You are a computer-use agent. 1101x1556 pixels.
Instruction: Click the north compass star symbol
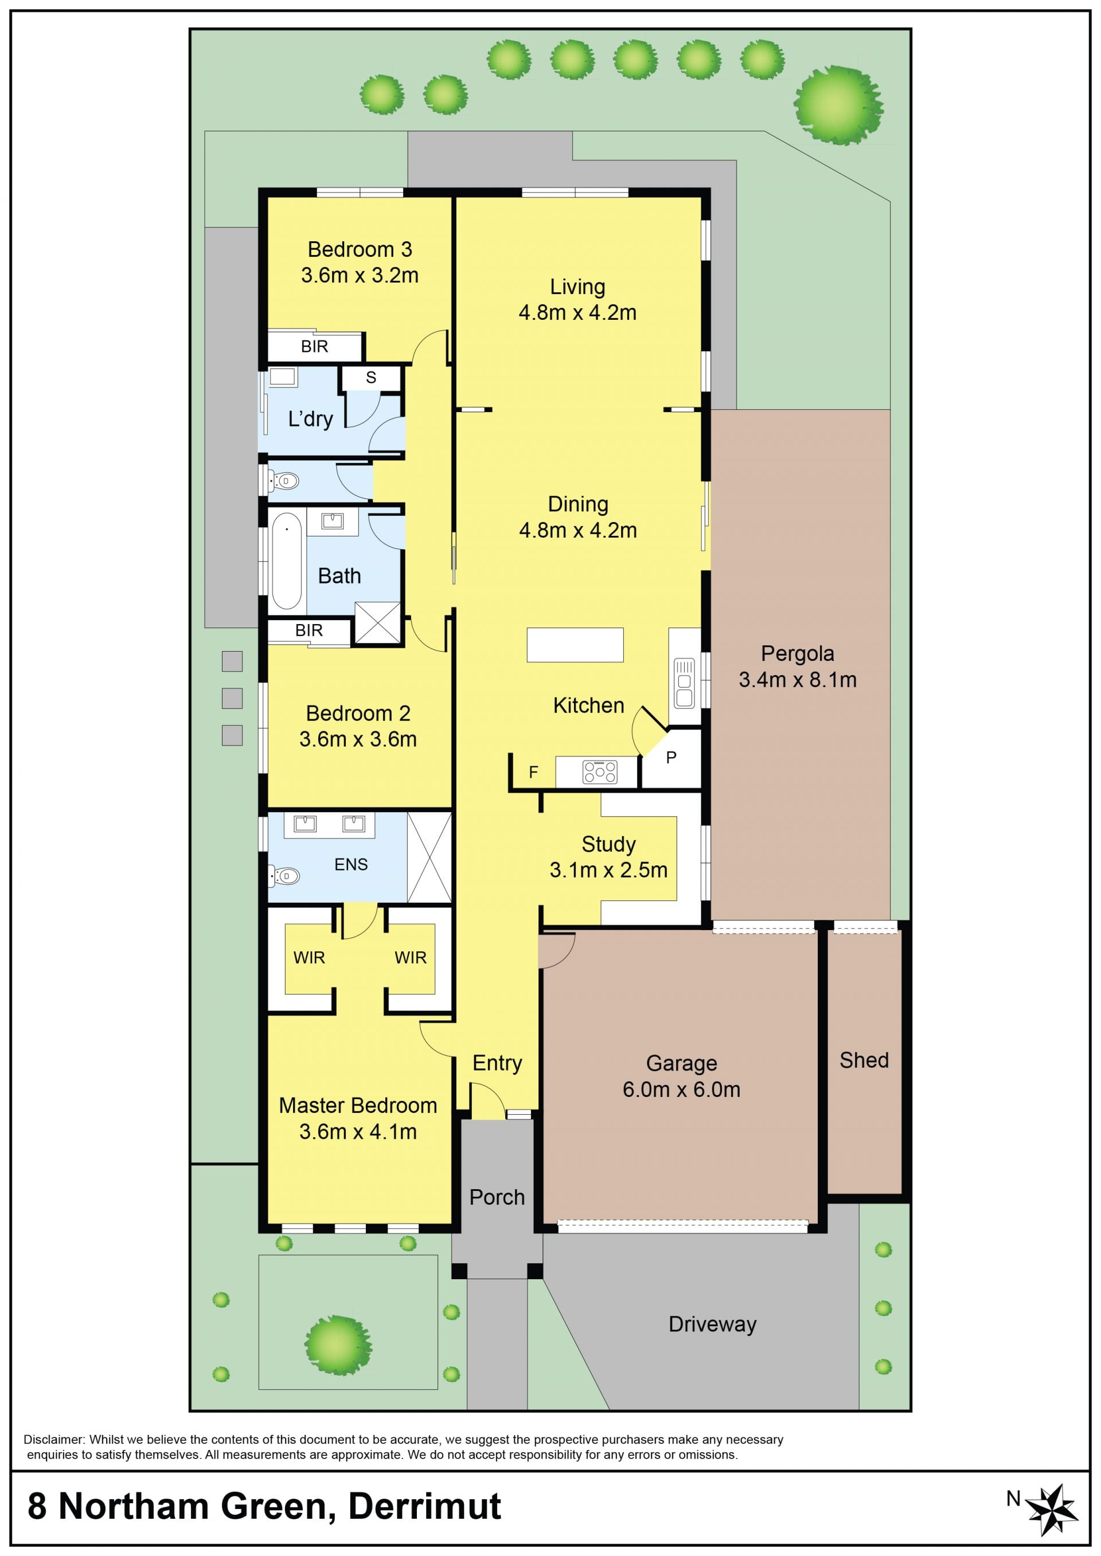[x=1051, y=1509]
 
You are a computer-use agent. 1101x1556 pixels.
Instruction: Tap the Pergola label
[x=797, y=653]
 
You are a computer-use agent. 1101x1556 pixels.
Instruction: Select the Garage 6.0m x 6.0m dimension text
[x=681, y=1089]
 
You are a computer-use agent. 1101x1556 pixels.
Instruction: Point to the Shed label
[x=864, y=1060]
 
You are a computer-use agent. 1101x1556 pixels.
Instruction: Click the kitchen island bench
[x=575, y=645]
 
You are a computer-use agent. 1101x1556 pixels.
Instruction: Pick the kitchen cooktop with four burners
[x=600, y=772]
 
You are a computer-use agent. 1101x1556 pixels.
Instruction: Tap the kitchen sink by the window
[x=684, y=683]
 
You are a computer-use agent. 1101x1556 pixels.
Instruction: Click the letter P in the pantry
[x=671, y=757]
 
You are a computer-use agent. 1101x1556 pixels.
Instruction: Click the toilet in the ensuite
[x=286, y=876]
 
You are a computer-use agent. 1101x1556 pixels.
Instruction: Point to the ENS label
[x=351, y=864]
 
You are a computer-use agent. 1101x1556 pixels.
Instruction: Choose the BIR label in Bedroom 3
[x=315, y=346]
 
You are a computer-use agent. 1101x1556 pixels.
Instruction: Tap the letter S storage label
[x=371, y=378]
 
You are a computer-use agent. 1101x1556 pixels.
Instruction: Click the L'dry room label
[x=310, y=419]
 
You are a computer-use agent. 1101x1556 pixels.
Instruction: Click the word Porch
[x=497, y=1197]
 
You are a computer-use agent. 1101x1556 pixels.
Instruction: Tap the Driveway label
[x=713, y=1323]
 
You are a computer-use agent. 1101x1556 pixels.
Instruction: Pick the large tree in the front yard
[x=338, y=1345]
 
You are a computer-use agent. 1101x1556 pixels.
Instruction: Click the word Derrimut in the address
[x=424, y=1506]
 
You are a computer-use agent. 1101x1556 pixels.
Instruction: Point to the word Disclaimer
[x=53, y=1434]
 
